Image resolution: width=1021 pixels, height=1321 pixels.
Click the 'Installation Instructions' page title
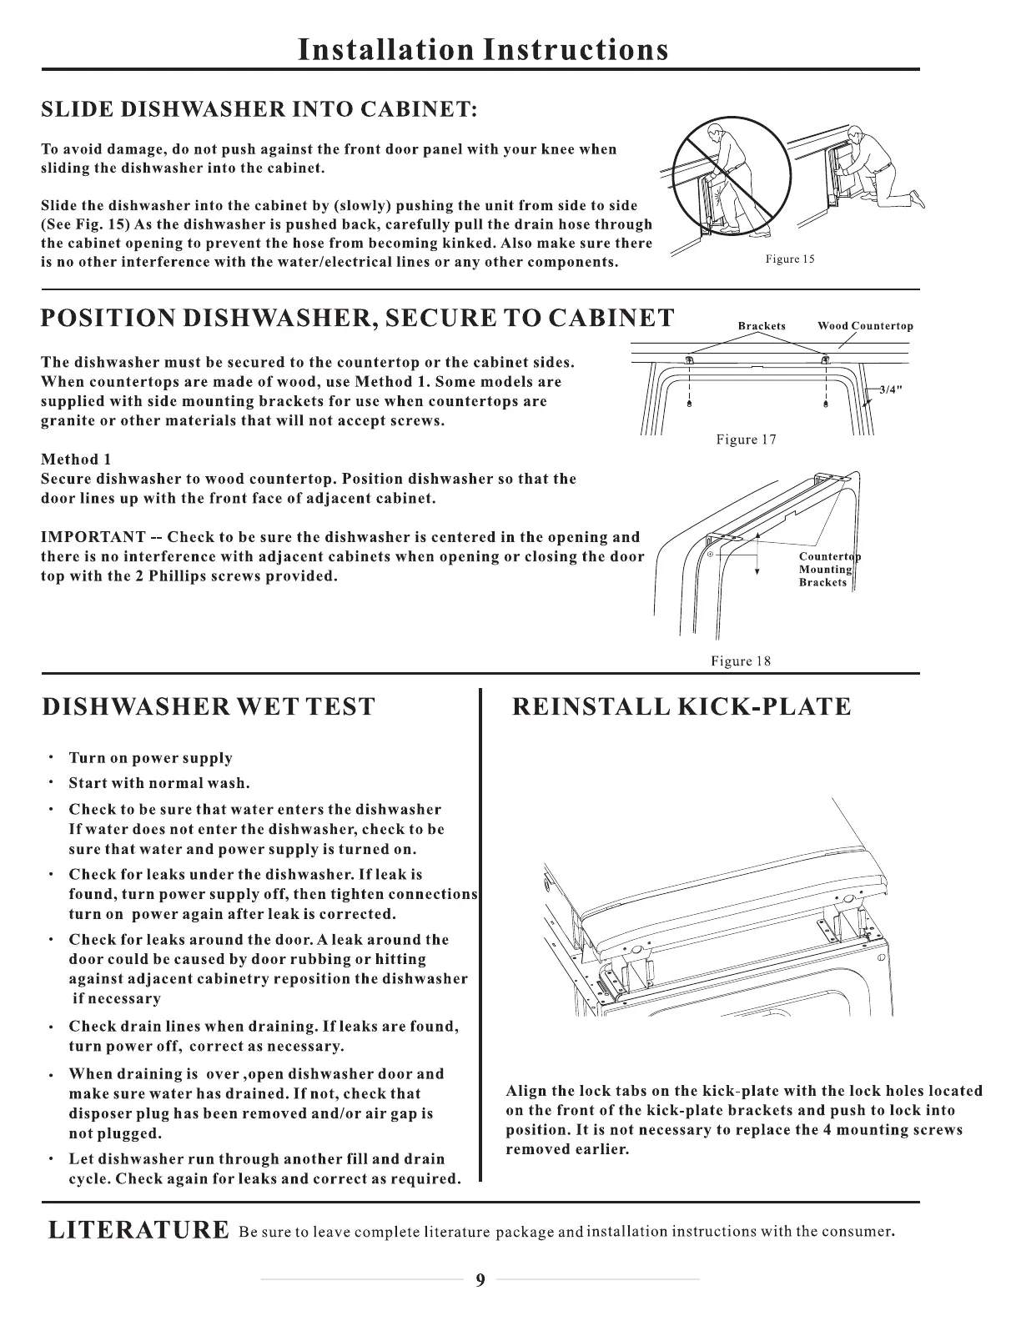tap(483, 49)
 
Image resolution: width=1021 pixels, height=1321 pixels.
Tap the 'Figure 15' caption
tap(789, 259)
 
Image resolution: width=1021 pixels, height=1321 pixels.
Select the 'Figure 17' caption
tap(746, 439)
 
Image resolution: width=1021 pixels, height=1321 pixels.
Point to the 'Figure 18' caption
tap(741, 661)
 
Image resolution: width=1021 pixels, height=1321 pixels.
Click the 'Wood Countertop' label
tap(865, 326)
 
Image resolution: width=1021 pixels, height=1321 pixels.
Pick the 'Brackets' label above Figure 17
tap(762, 326)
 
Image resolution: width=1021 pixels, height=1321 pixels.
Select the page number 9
tap(480, 1281)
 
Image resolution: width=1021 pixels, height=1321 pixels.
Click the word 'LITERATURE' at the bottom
tap(138, 1230)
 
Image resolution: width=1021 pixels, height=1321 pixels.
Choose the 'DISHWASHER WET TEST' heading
tap(209, 707)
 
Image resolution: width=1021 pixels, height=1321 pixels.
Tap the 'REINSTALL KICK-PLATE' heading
tap(681, 707)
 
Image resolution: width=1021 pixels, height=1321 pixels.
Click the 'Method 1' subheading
tap(76, 460)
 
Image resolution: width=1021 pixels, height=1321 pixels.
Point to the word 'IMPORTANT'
tap(93, 537)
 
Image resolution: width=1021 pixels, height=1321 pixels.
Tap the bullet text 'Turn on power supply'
tap(150, 758)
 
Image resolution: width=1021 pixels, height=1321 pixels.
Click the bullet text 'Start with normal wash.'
tap(158, 783)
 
